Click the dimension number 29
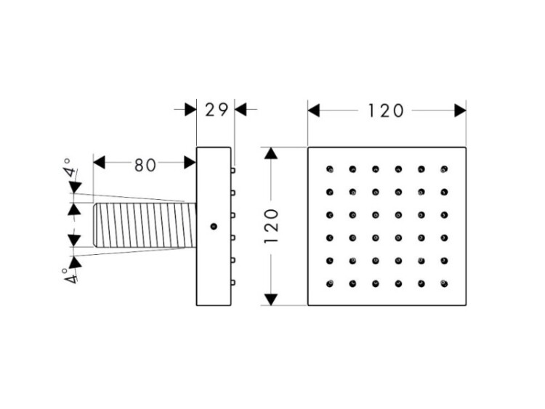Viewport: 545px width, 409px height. tap(215, 110)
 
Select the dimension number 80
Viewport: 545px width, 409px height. tap(145, 164)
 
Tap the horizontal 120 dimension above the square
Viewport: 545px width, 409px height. tap(385, 110)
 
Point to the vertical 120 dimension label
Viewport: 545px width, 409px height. tap(270, 226)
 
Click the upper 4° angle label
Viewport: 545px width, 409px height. tap(68, 169)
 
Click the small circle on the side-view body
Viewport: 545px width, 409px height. tap(214, 227)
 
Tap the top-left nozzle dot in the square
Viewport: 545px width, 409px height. tap(330, 170)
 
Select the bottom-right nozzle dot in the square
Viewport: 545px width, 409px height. tap(443, 283)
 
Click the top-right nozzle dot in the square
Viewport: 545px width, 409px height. tap(443, 170)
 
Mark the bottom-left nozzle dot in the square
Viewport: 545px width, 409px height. tap(330, 283)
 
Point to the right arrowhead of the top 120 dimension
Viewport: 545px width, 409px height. tap(459, 110)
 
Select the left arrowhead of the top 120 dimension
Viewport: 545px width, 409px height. tap(314, 110)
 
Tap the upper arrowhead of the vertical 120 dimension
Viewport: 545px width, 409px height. tap(270, 154)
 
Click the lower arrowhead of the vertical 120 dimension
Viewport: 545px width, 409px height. tap(270, 299)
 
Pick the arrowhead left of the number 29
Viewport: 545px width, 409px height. tap(191, 110)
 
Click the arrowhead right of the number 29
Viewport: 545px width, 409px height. tap(241, 110)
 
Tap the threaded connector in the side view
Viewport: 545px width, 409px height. tap(145, 226)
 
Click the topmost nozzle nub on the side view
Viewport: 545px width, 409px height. tap(234, 171)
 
